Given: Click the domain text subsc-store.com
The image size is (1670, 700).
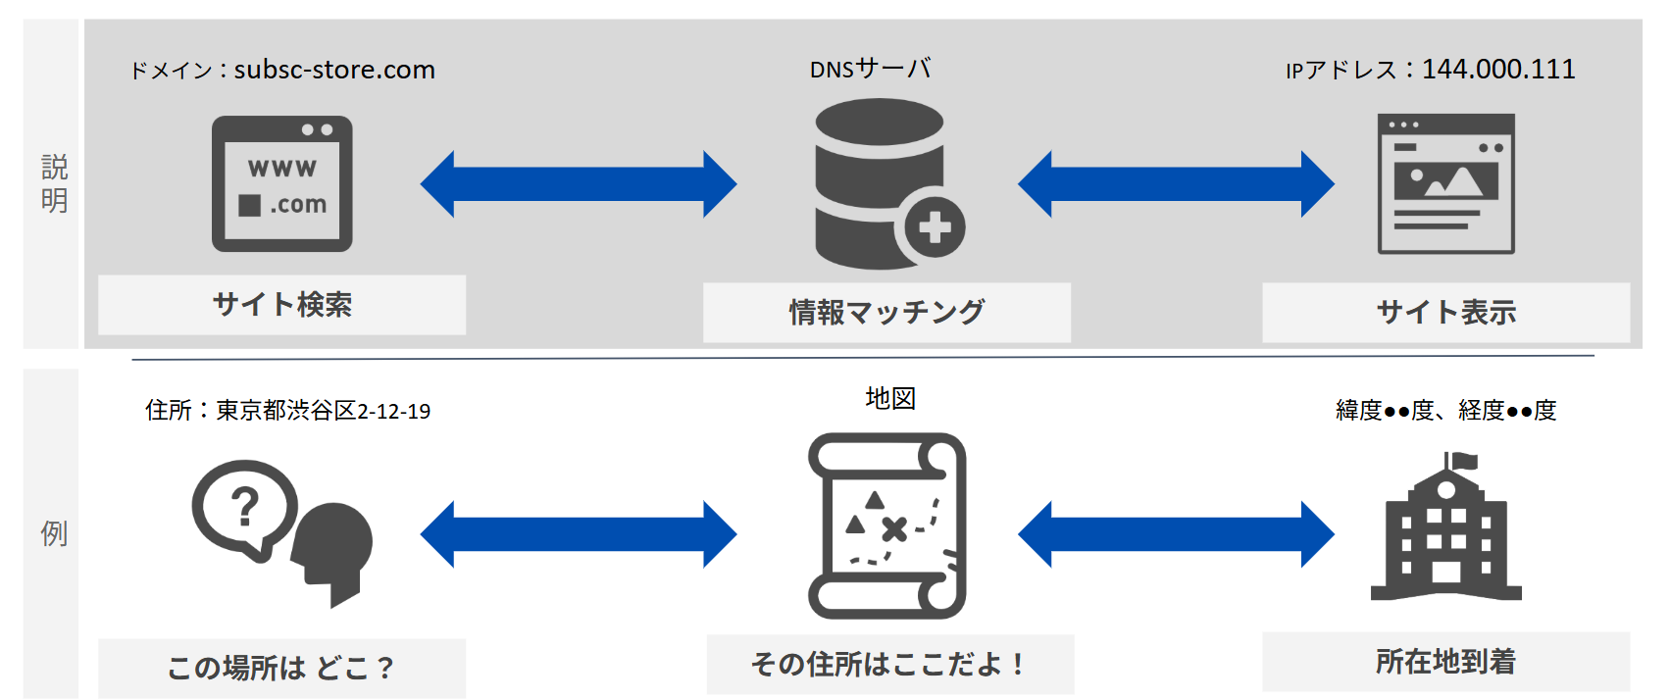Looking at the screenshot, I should point(334,70).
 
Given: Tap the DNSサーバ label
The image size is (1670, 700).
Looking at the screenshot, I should point(870,69).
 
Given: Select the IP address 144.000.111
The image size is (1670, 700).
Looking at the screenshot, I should point(1498,69).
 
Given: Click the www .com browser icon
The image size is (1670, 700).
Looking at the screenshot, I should point(282,184).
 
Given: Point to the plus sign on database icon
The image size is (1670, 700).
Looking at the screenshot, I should point(935,227).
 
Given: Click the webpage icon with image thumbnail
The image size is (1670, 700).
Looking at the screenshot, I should point(1445,184).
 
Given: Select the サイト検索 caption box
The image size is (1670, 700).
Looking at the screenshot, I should point(281,305).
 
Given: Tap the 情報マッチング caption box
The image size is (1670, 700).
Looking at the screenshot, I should point(886,313).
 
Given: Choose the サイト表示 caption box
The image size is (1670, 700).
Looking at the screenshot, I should point(1445,313).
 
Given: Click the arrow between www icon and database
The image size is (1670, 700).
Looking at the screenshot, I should point(579,184).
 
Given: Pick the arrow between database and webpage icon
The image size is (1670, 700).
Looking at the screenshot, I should point(1176,184).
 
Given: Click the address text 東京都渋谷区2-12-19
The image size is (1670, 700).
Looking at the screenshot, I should point(323,411).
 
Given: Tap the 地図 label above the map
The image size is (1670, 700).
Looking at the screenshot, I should point(890,398).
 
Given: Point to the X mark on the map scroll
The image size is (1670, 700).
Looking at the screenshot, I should point(893,530).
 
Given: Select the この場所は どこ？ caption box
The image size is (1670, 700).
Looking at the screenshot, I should point(281,668).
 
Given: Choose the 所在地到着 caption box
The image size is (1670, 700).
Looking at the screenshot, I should point(1445,662).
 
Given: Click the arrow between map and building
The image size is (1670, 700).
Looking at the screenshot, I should point(1176,534).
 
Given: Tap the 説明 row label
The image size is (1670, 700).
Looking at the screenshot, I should point(54,183).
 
